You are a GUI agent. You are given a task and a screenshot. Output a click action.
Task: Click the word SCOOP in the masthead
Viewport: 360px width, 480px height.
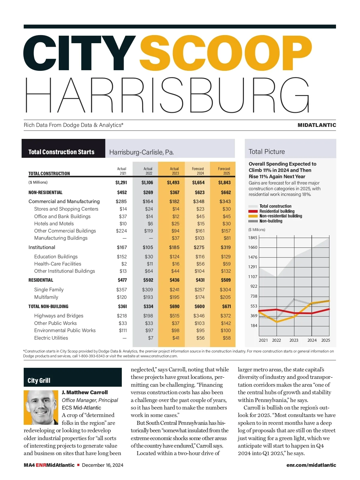pos(226,53)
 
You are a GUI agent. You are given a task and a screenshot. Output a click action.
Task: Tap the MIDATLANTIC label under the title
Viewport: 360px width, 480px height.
pos(316,125)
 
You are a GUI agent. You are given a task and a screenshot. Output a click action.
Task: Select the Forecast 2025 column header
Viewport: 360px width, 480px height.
pos(224,171)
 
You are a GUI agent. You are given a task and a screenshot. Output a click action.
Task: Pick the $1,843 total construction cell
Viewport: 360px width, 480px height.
pos(224,182)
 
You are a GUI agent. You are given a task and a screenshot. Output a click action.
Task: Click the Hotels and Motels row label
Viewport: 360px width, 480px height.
pos(54,223)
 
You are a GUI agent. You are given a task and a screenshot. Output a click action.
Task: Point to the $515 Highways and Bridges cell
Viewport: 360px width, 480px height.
pos(174,316)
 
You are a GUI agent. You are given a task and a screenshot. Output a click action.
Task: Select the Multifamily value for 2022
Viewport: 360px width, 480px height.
pos(148,297)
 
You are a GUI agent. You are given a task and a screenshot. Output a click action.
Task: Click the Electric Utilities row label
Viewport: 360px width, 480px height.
pos(51,338)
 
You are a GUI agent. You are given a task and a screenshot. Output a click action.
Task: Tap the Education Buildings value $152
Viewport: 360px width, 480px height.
pos(122,256)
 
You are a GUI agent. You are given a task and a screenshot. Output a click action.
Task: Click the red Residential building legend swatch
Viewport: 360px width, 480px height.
pos(253,211)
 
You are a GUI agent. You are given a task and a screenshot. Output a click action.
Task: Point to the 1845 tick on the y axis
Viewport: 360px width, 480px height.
pos(253,238)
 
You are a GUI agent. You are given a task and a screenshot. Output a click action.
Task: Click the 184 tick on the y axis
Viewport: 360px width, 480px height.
pos(254,325)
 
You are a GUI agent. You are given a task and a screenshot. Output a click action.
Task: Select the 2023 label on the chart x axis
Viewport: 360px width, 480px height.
pos(294,340)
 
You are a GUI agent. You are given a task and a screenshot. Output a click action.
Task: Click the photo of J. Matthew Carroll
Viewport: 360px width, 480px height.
pos(41,407)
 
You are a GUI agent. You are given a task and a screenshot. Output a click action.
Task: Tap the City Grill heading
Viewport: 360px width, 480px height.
pos(39,380)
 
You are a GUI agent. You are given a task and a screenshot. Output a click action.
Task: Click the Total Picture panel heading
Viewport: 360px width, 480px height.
pos(267,151)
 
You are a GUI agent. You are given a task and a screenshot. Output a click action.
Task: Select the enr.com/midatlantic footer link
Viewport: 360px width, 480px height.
pos(311,465)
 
